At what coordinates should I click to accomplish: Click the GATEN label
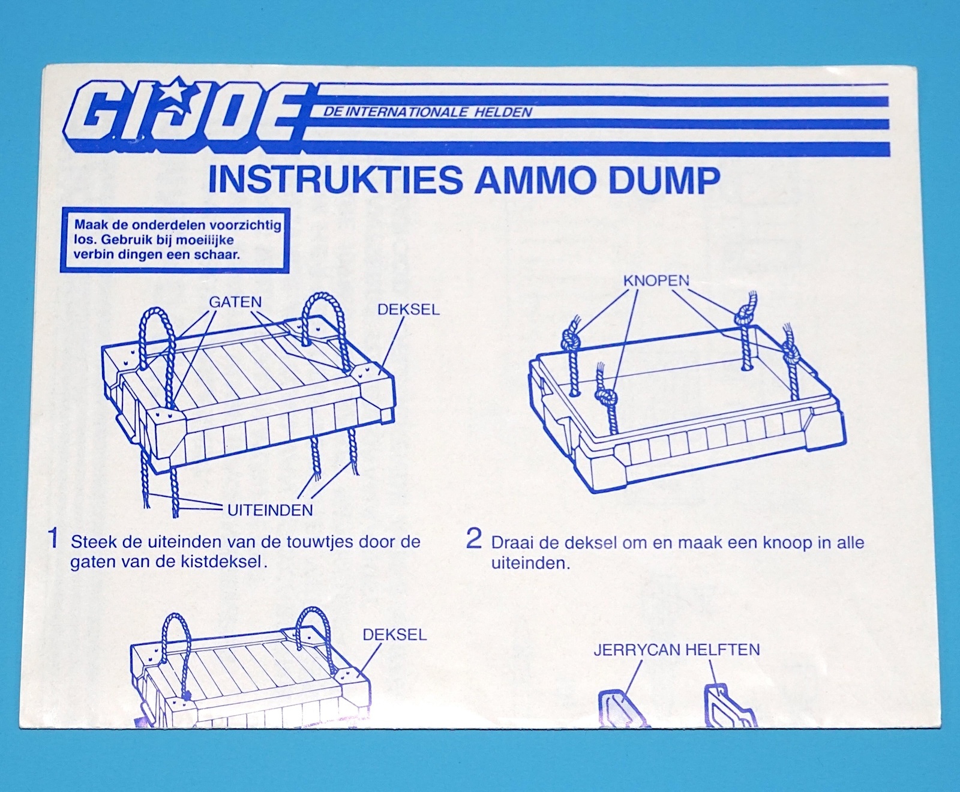point(235,302)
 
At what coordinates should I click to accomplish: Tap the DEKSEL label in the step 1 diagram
point(408,310)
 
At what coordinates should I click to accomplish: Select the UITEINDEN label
point(270,511)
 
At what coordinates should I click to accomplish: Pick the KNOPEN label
point(656,280)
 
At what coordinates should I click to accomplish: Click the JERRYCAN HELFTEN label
point(677,650)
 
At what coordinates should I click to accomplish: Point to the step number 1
point(53,538)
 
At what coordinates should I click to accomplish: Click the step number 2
point(473,539)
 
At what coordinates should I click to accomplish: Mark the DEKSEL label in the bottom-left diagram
point(395,635)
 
